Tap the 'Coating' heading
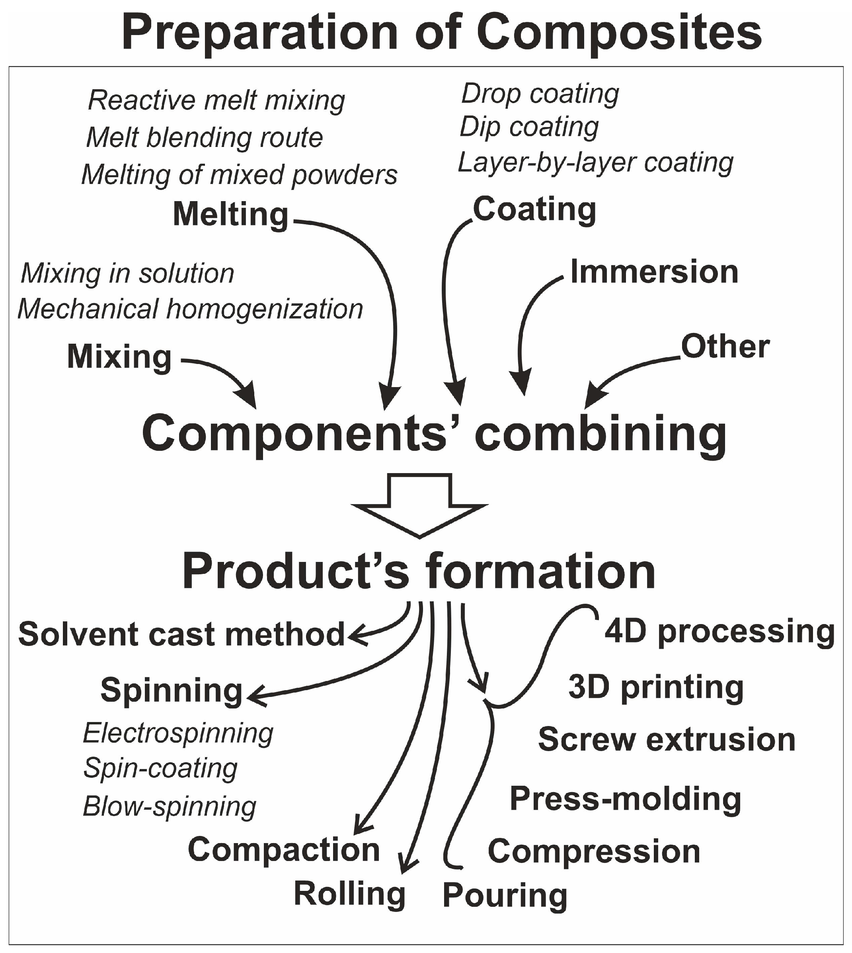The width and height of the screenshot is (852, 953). pyautogui.click(x=534, y=209)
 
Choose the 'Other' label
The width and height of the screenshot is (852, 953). pyautogui.click(x=725, y=347)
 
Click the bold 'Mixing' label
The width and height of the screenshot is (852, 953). pyautogui.click(x=119, y=357)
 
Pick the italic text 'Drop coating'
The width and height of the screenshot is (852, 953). pyautogui.click(x=540, y=94)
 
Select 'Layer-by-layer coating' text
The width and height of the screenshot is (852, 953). pyautogui.click(x=595, y=162)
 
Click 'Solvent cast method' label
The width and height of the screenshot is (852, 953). pyautogui.click(x=181, y=634)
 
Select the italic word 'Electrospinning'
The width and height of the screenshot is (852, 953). pyautogui.click(x=178, y=733)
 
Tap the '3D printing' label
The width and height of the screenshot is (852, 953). pyautogui.click(x=656, y=687)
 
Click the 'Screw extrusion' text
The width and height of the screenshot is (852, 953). pyautogui.click(x=667, y=740)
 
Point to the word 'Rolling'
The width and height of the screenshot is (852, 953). pyautogui.click(x=349, y=894)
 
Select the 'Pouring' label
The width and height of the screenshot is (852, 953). pyautogui.click(x=505, y=895)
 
